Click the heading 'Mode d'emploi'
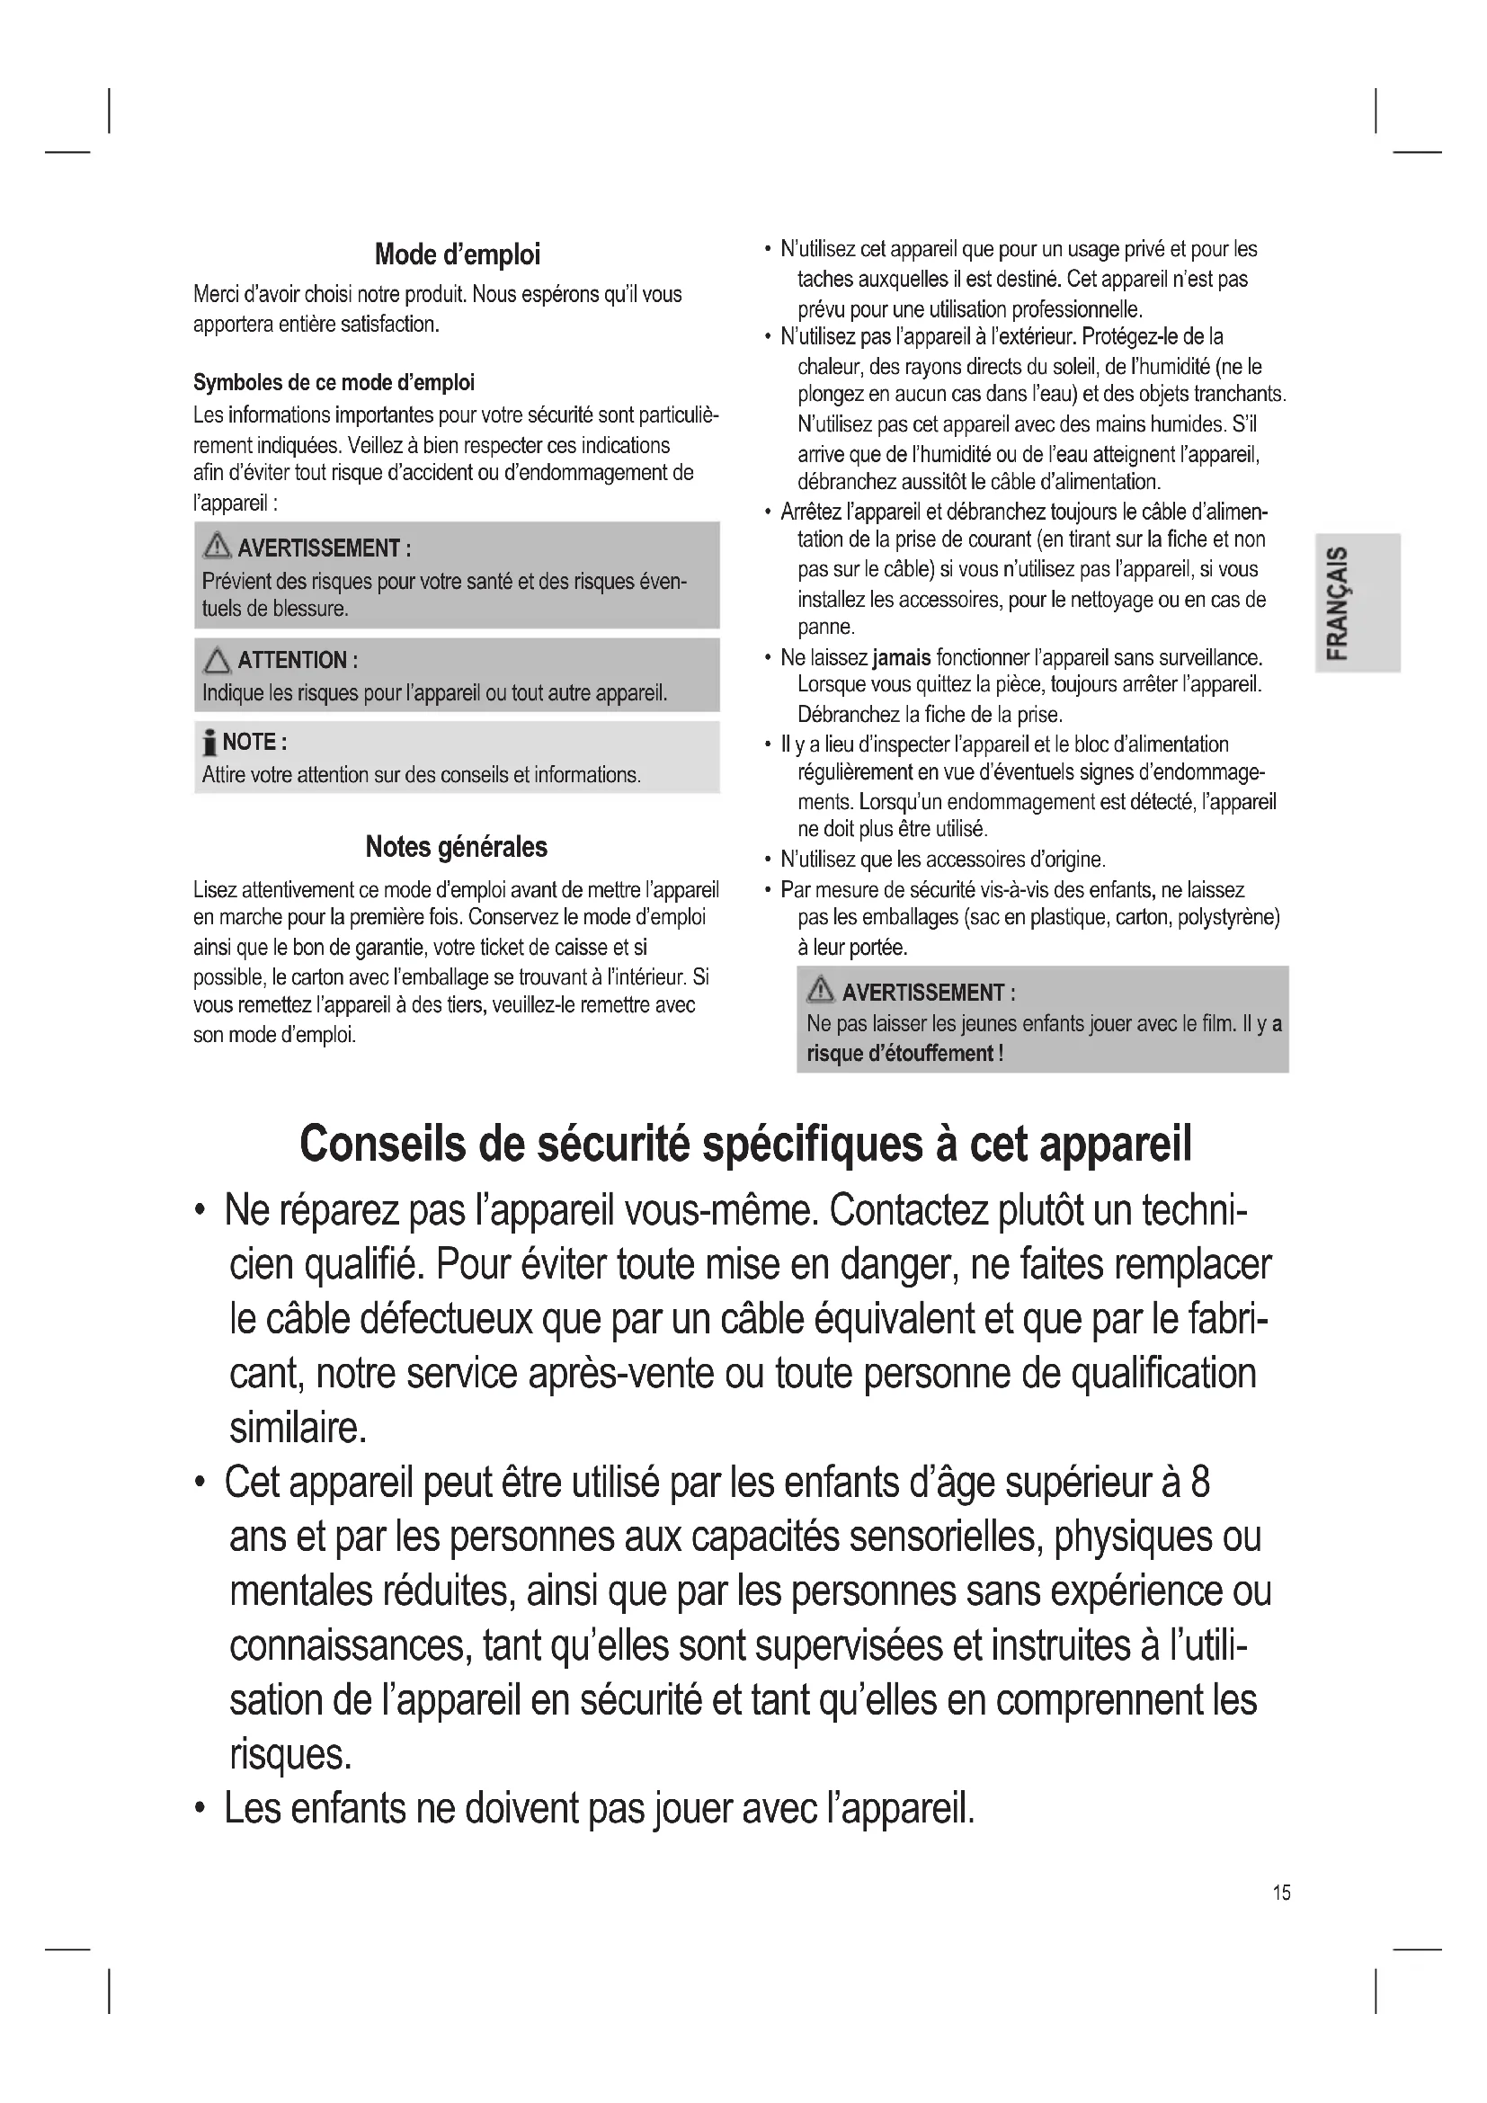tap(457, 254)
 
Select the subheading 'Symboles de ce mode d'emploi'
tap(334, 382)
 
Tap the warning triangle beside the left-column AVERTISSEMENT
tap(217, 547)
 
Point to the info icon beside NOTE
tap(209, 742)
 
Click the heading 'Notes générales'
tap(456, 846)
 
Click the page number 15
tap(1281, 1892)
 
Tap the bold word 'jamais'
tap(901, 657)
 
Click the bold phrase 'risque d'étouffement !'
tap(904, 1054)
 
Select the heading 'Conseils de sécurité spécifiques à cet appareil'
tap(745, 1144)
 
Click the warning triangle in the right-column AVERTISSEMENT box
tap(820, 991)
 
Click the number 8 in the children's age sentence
tap(1200, 1482)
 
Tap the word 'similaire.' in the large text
tap(298, 1427)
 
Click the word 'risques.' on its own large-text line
tap(290, 1754)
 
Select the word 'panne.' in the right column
tap(826, 628)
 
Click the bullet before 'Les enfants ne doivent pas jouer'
tap(200, 1810)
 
